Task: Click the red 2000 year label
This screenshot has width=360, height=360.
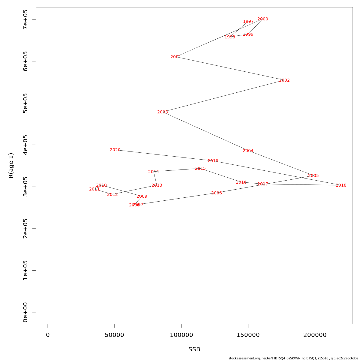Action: (x=263, y=19)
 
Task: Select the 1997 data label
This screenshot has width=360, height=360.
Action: (x=248, y=22)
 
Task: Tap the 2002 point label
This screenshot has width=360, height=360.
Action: (x=284, y=80)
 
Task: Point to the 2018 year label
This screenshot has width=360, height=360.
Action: (x=341, y=185)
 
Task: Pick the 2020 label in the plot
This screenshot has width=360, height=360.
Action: (x=115, y=150)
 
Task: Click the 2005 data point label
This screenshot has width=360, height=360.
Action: (x=313, y=176)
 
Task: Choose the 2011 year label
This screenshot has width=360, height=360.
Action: (x=94, y=189)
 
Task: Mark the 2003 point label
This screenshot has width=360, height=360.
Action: (x=163, y=112)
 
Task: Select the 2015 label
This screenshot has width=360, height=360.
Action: (x=200, y=169)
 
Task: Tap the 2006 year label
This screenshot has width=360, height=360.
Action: (x=217, y=193)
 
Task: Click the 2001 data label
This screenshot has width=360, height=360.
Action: (x=176, y=57)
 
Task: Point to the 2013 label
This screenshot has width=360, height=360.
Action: (x=157, y=185)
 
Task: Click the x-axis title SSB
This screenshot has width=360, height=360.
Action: (x=194, y=349)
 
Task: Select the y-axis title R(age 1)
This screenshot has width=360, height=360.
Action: (x=11, y=166)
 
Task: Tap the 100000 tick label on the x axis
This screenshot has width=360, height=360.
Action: (x=181, y=335)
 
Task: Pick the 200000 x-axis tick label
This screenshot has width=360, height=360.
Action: (x=315, y=335)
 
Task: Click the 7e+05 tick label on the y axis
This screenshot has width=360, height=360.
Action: (x=25, y=19)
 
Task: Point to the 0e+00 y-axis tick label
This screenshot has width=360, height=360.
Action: (x=25, y=312)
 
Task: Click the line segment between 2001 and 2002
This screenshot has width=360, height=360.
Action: (x=230, y=68)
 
